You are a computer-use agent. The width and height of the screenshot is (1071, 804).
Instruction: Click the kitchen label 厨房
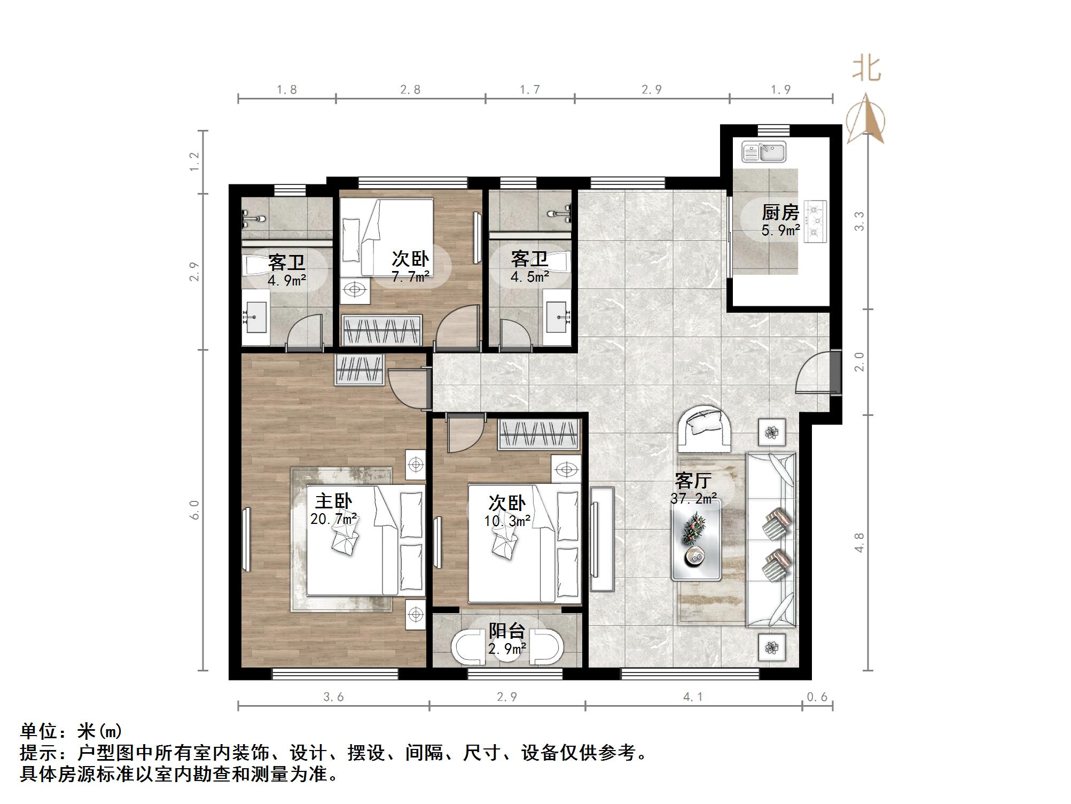click(780, 213)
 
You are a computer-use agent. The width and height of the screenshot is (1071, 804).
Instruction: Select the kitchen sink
click(764, 152)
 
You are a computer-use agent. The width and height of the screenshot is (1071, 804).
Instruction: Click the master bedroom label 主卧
click(333, 501)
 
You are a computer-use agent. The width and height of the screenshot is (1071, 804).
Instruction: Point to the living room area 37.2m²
click(693, 499)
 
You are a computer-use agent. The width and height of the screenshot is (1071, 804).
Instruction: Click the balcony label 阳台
click(506, 631)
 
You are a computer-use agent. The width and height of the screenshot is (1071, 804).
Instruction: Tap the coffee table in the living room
click(697, 540)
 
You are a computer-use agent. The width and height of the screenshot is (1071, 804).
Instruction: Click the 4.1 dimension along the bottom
click(693, 697)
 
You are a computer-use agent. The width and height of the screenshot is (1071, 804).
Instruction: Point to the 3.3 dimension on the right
click(859, 221)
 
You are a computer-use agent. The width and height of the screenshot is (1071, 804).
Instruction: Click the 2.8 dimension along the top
click(410, 90)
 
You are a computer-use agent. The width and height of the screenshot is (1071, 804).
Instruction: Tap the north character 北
click(866, 69)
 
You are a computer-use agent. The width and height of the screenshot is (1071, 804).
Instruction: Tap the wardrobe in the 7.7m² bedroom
click(381, 330)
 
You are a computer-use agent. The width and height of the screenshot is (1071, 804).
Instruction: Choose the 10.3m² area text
click(507, 521)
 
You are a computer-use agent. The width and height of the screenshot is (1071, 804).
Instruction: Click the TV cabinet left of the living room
click(602, 539)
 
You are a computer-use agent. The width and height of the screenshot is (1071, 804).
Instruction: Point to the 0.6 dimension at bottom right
click(817, 697)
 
